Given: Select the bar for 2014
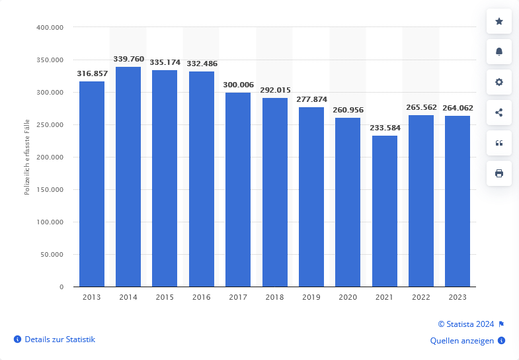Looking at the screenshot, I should pyautogui.click(x=128, y=177).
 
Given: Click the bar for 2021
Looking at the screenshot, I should pyautogui.click(x=385, y=211).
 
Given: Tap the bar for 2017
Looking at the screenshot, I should pyautogui.click(x=238, y=189).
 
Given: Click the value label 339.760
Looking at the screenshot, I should pyautogui.click(x=128, y=59).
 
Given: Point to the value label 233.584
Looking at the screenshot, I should pyautogui.click(x=385, y=128).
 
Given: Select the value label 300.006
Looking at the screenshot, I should pyautogui.click(x=238, y=85).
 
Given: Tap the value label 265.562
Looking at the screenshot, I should pyautogui.click(x=421, y=107).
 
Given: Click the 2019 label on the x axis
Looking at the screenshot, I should pyautogui.click(x=311, y=298).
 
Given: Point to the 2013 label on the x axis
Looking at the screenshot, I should pyautogui.click(x=92, y=298).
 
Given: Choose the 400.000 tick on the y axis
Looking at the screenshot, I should pyautogui.click(x=50, y=28).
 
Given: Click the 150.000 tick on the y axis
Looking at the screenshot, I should pyautogui.click(x=50, y=190).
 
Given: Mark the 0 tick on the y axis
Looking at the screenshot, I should pyautogui.click(x=61, y=287).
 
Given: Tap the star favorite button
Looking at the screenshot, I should pyautogui.click(x=499, y=22).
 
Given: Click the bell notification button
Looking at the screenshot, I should pyautogui.click(x=499, y=52).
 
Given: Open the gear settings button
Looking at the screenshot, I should pyautogui.click(x=499, y=82).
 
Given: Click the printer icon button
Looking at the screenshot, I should pyautogui.click(x=499, y=173).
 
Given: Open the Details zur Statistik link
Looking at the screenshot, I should pyautogui.click(x=60, y=339).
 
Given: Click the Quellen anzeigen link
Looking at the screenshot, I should pyautogui.click(x=461, y=341).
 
